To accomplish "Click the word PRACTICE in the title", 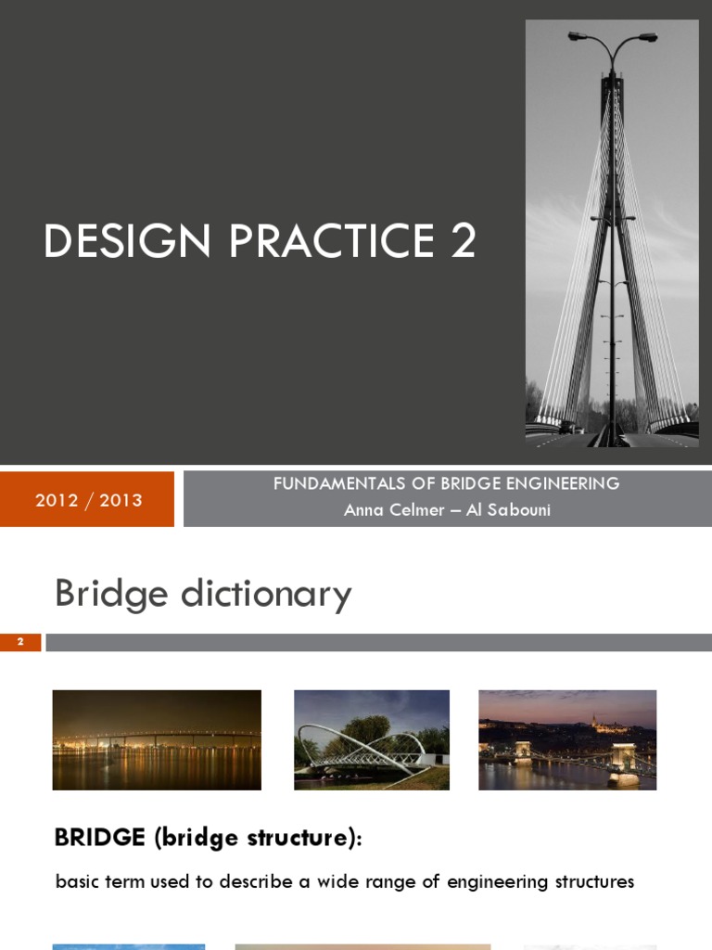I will coord(332,241).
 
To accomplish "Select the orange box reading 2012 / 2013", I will coord(88,500).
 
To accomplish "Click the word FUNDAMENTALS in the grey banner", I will coord(338,483).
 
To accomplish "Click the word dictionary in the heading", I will coord(266,594).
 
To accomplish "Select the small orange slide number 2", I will coord(20,642).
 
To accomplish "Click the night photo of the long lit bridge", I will coord(157,739).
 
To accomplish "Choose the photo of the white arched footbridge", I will coord(372,739).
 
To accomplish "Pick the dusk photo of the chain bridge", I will coord(567,739).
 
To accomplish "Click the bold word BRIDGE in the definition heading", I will coord(100,838).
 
